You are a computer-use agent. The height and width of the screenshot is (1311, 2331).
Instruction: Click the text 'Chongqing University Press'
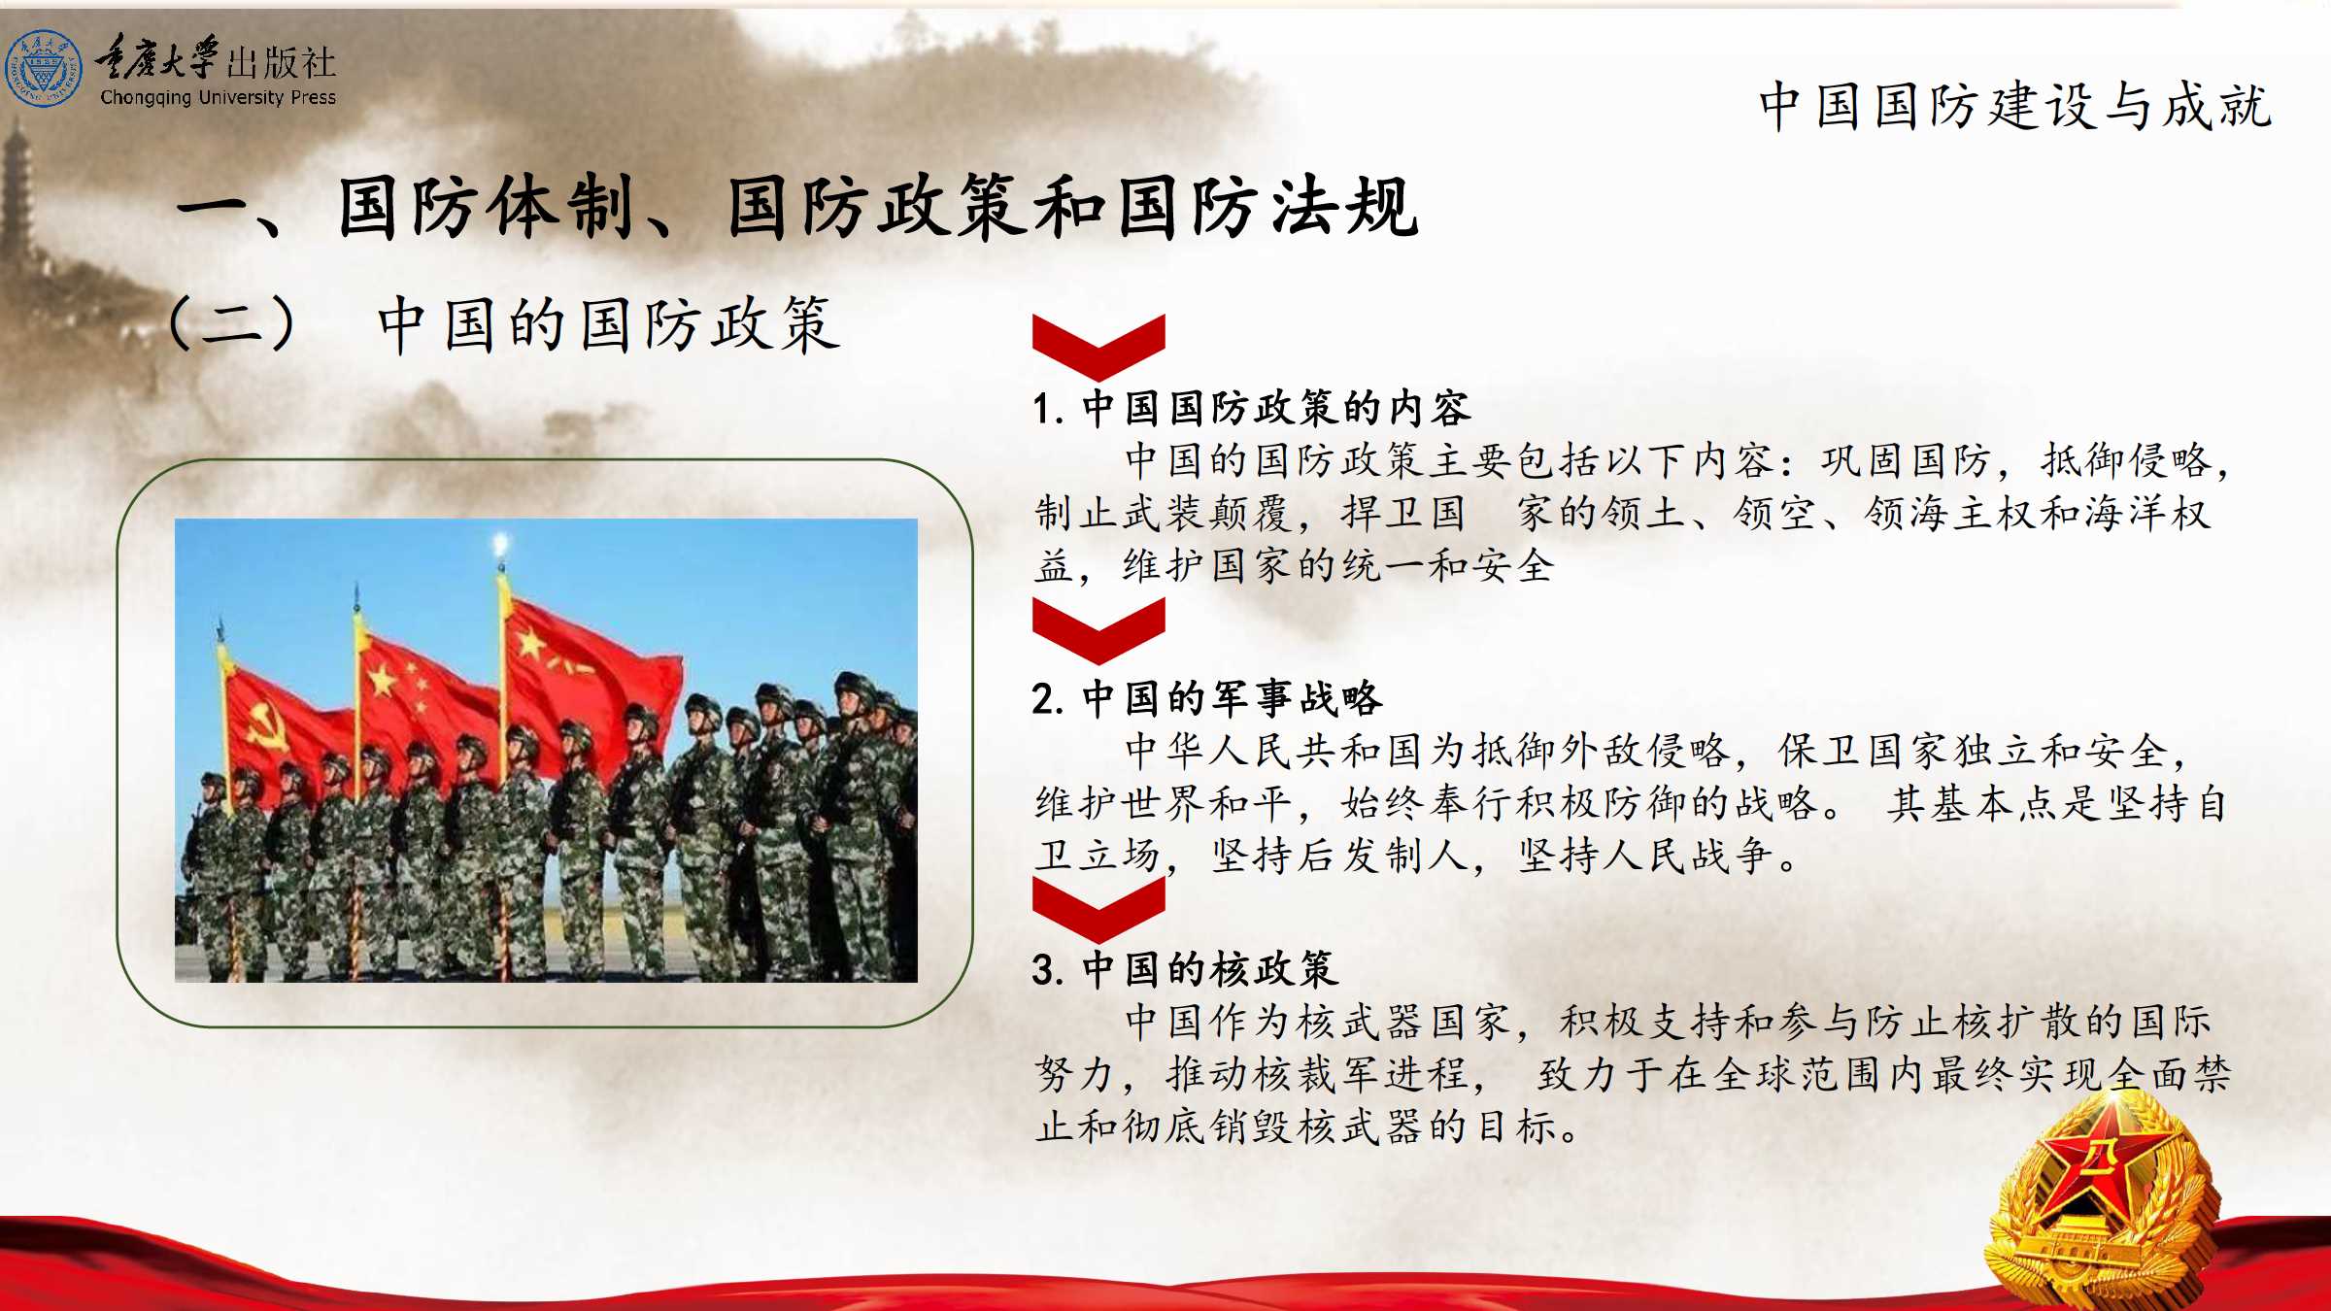coord(218,97)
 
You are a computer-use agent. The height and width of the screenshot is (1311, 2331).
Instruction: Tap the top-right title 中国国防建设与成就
coord(2014,106)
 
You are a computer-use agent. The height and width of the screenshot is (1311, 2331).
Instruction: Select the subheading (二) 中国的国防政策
coord(505,324)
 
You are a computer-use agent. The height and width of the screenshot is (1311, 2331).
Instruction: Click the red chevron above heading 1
coord(1098,345)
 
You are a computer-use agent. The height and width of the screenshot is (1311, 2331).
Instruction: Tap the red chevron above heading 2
coord(1098,629)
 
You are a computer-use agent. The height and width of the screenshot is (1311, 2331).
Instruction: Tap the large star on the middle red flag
coord(382,680)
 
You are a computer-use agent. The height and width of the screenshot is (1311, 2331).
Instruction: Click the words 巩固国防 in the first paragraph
coord(1906,460)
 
